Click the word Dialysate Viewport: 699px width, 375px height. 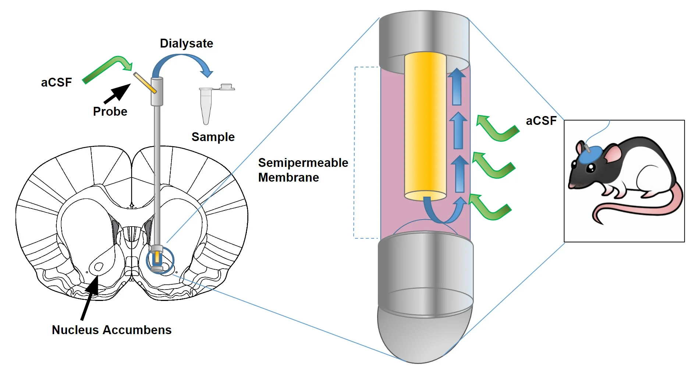186,43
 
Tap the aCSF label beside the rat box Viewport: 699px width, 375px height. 541,121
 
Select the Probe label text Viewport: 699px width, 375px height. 110,111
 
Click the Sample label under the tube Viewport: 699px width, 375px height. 213,137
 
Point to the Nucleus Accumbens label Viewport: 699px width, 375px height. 111,330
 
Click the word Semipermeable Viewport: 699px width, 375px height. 303,162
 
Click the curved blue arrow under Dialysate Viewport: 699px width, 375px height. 182,59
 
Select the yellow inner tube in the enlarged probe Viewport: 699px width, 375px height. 425,125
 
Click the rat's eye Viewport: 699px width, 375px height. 591,168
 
